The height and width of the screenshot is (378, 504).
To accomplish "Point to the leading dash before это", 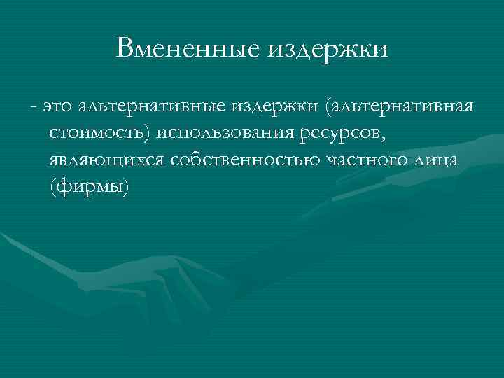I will point(33,106).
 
